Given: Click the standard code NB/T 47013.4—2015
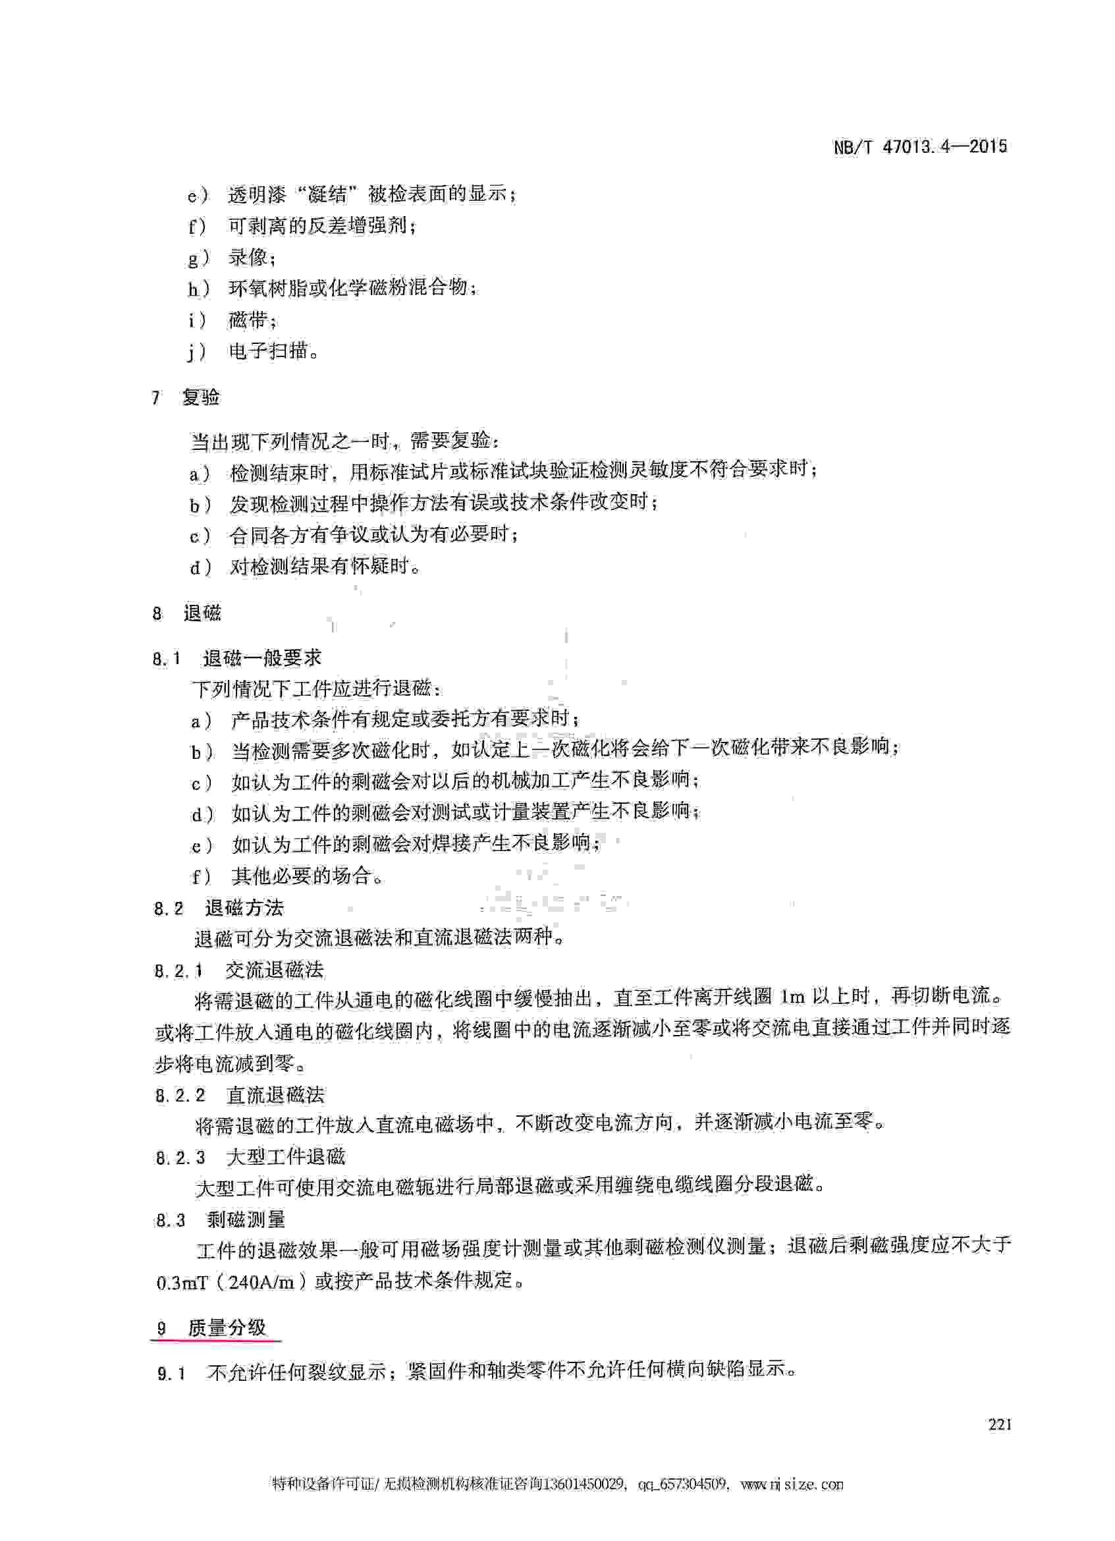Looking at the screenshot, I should point(920,147).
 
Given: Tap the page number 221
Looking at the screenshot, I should point(1000,1425).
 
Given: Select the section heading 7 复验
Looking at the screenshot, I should point(186,397).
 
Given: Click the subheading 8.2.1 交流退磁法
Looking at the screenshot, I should point(239,970).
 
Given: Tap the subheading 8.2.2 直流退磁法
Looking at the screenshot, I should point(240,1095).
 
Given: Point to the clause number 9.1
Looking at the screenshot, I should point(171,1374).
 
